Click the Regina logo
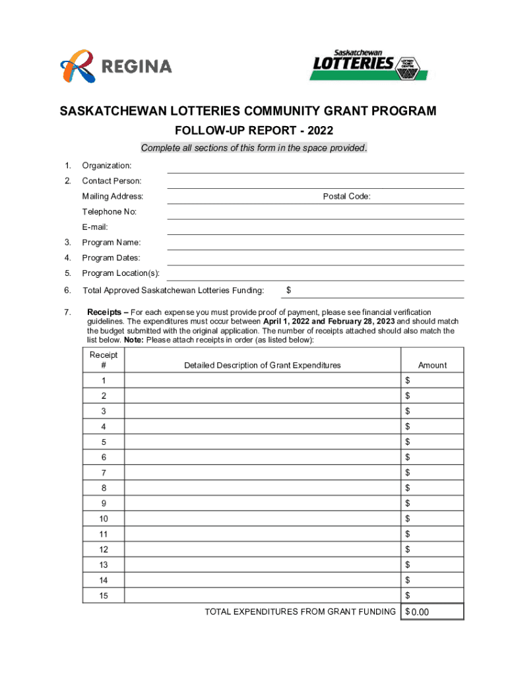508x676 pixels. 116,66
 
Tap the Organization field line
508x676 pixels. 315,167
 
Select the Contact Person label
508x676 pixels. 111,181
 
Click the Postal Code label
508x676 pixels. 346,196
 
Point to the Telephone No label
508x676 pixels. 109,212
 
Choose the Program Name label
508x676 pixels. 111,242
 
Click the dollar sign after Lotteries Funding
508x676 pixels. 289,290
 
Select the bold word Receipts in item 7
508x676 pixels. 107,312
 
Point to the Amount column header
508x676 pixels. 432,365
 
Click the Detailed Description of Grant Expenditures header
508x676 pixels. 263,365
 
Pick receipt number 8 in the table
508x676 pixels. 103,488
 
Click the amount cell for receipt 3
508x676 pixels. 432,411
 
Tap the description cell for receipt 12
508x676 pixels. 263,549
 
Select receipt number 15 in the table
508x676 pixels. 103,595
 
